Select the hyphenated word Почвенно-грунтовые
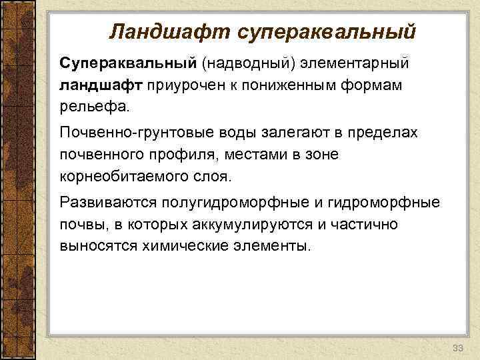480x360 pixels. click(130, 133)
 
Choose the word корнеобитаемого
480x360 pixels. click(123, 177)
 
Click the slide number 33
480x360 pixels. click(457, 349)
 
